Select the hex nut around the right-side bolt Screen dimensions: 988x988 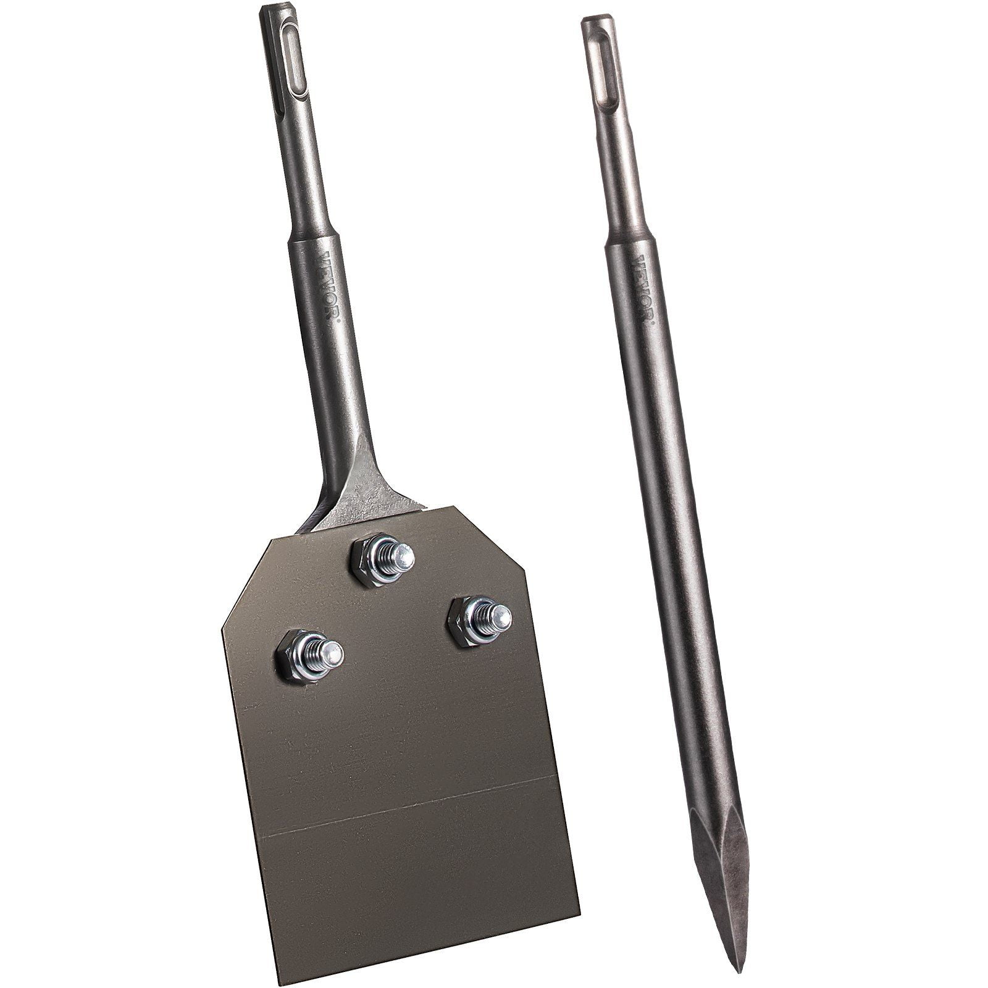[470, 622]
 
